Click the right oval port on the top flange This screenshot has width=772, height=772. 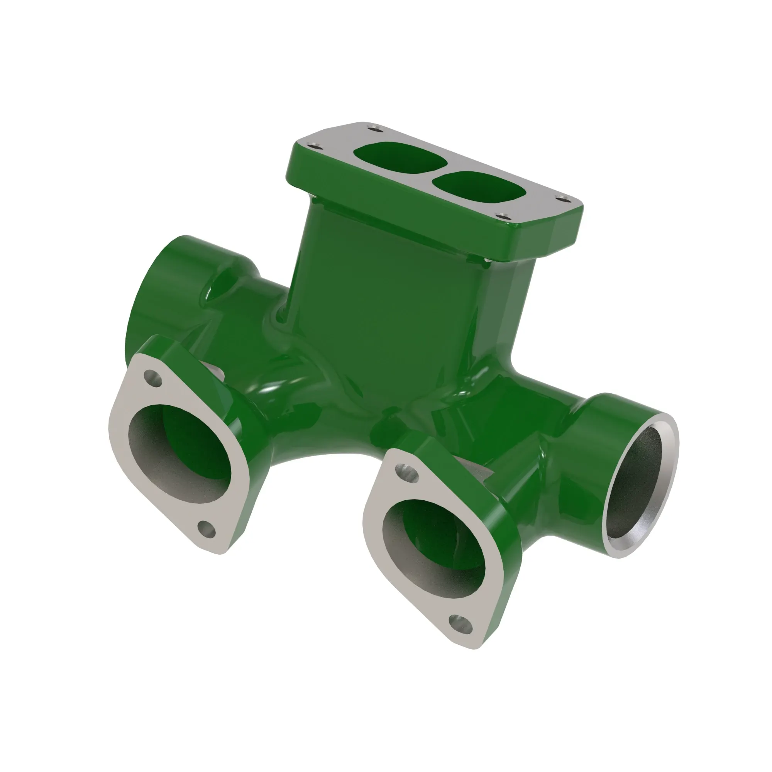tap(479, 190)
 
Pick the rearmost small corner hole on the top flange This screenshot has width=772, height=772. tap(374, 129)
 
